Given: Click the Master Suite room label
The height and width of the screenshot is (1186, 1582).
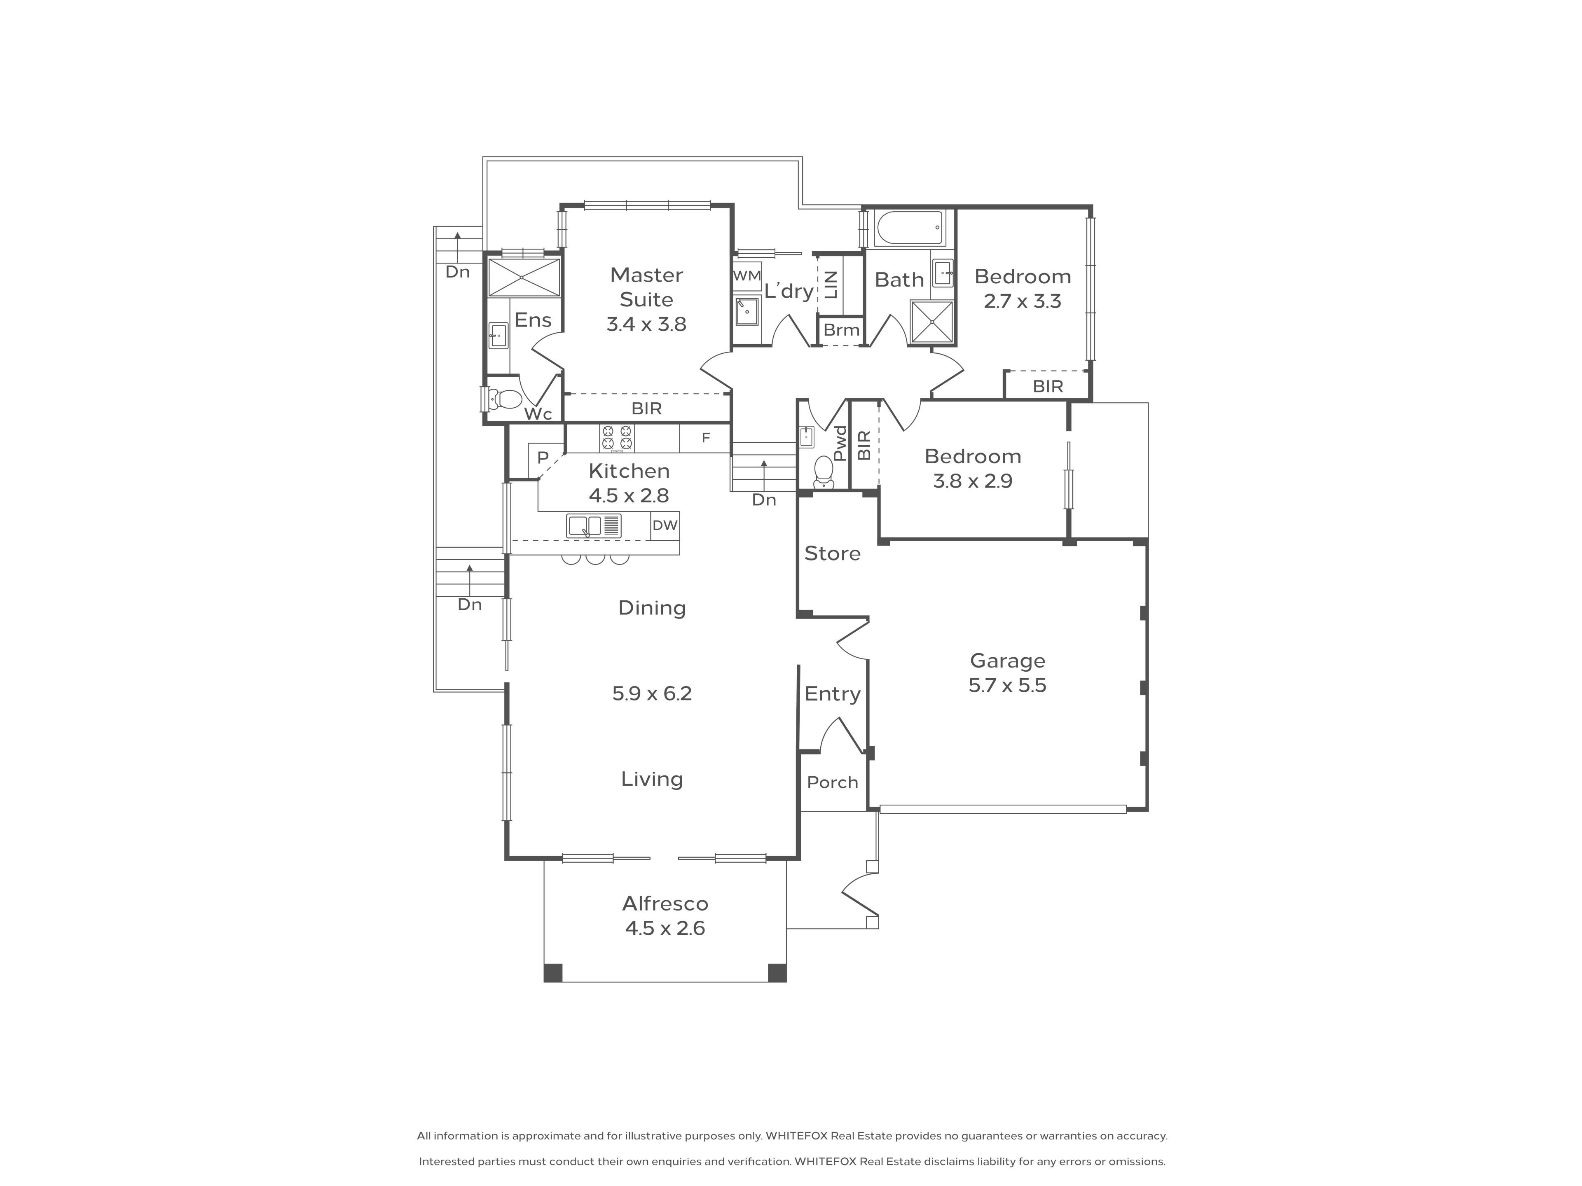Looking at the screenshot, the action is click(646, 287).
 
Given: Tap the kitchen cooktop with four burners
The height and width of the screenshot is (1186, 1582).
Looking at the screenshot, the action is click(616, 438).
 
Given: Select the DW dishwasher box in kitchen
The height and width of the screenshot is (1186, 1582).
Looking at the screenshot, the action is click(665, 525).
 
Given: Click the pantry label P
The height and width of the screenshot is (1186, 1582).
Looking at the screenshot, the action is click(543, 458).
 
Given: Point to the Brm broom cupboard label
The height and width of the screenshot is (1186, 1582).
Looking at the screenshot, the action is click(841, 330).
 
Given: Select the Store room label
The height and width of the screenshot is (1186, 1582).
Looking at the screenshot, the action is click(833, 553).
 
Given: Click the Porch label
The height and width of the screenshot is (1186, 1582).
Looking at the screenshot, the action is click(833, 783).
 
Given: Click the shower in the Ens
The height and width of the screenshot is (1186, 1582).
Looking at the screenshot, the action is click(524, 278).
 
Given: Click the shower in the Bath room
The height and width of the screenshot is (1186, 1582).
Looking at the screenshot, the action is click(932, 322).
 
